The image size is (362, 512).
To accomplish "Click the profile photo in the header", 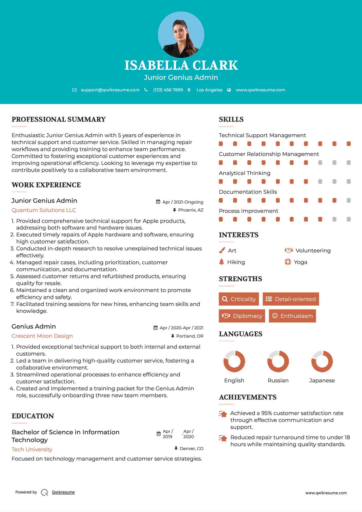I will (x=181, y=34).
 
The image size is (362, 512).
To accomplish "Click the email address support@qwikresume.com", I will (x=110, y=90).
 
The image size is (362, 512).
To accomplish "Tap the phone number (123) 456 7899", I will (x=168, y=90).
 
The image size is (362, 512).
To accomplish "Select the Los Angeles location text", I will (x=209, y=90).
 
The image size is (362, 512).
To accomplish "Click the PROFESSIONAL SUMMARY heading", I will (x=59, y=119).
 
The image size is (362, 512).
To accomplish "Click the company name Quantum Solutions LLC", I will (x=44, y=210).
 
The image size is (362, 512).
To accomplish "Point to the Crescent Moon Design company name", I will (x=42, y=336).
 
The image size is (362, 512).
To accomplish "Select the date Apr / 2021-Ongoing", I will (x=183, y=202).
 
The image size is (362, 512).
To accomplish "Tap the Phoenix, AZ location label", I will (x=191, y=210).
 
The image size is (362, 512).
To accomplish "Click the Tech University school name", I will (x=32, y=449).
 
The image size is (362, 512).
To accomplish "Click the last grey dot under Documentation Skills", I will (x=349, y=200).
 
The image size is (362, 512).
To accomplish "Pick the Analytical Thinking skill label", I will (x=244, y=173).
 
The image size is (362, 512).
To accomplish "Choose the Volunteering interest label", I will (x=313, y=251).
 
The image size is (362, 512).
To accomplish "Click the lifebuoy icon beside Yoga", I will (x=288, y=262).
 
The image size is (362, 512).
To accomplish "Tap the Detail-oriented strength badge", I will (x=291, y=299).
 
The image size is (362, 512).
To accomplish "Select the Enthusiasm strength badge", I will (x=292, y=316).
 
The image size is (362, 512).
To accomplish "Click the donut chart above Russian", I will (x=278, y=361).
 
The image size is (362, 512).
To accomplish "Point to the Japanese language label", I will (x=322, y=381).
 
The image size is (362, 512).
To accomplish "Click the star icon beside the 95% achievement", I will (x=223, y=414).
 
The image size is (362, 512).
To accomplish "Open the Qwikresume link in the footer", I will (x=63, y=492).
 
